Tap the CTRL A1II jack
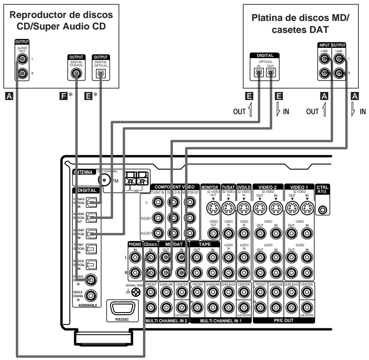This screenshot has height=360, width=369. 322,210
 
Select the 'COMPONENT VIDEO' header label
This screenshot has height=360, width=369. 175,187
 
